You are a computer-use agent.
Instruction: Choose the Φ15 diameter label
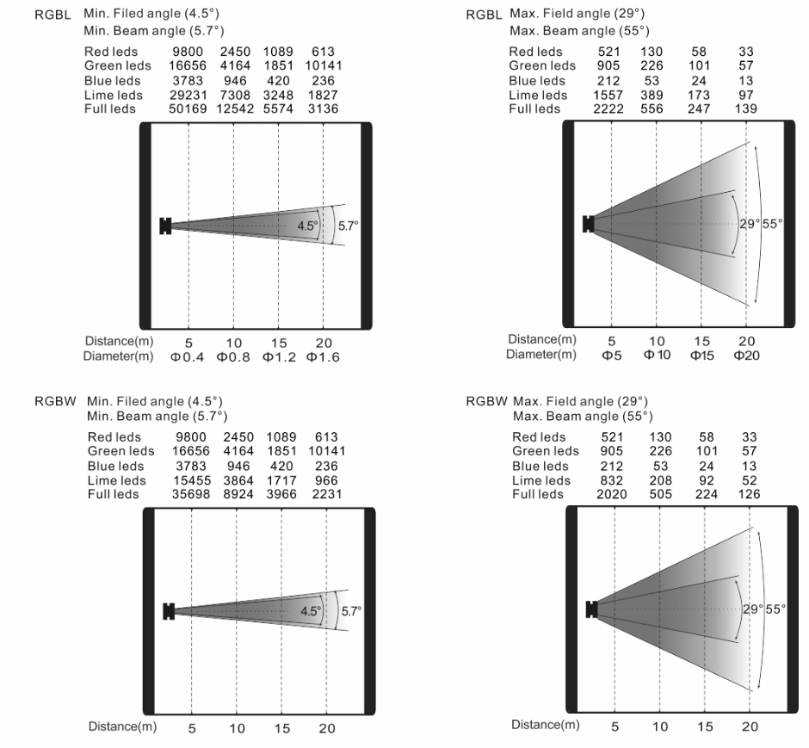click(701, 355)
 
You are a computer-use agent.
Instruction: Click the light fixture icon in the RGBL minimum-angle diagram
click(165, 226)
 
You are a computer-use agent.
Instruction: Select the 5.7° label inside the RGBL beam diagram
click(349, 226)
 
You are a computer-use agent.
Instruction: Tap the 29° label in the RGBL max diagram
click(748, 224)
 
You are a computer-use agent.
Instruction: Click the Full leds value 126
click(750, 494)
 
